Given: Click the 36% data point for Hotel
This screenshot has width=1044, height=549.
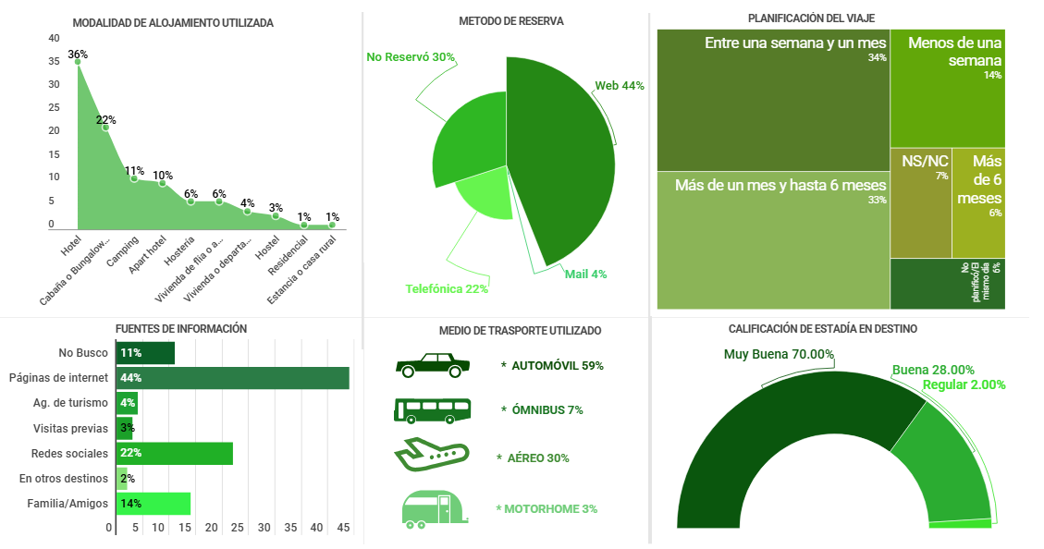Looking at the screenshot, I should click(78, 61).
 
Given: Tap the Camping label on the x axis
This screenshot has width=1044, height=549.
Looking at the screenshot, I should click(122, 250).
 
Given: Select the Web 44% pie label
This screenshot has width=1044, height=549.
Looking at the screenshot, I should click(619, 86).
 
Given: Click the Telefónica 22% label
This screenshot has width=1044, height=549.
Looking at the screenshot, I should click(446, 288).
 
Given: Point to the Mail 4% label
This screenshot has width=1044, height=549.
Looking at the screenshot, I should click(585, 274).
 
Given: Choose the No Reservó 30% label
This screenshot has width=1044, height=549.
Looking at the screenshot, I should click(410, 57).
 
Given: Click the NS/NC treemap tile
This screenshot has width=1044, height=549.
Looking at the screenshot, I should click(920, 202).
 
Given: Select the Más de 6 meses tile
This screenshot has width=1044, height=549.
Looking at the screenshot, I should click(978, 202).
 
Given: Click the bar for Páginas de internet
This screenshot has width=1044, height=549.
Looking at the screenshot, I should click(232, 378).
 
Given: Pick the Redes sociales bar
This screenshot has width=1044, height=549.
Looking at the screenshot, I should click(174, 454).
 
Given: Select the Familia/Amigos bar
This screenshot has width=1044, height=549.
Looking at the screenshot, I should click(153, 504).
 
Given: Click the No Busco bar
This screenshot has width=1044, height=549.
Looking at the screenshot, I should click(145, 353).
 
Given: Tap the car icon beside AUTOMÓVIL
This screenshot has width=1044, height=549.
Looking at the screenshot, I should click(430, 365).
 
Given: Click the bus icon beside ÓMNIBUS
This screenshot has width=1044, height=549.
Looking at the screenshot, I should click(432, 410).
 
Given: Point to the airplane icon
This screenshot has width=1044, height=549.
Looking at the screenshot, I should click(431, 456).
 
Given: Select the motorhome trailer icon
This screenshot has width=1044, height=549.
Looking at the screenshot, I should click(431, 509).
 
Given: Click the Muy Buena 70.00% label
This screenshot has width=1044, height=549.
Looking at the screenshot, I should click(779, 354).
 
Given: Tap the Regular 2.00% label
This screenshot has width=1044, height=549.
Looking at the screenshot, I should click(964, 385).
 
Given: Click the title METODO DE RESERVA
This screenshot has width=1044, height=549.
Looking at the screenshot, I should click(510, 21).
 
